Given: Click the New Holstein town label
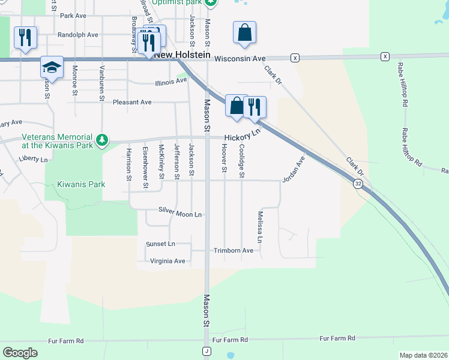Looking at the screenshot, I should click(x=182, y=55).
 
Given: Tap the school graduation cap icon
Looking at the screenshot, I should click(x=52, y=67).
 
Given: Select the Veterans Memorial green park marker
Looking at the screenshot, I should click(x=103, y=140).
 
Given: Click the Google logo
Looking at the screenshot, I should click(x=20, y=353).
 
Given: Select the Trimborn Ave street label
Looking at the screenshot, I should click(x=234, y=250).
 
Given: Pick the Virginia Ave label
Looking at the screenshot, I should click(x=167, y=261).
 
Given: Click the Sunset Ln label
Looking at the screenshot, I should click(x=160, y=244).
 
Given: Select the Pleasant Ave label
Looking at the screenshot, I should click(x=132, y=103).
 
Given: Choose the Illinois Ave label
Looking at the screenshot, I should click(x=170, y=82).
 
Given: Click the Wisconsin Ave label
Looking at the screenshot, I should click(x=240, y=59).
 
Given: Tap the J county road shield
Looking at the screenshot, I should click(x=206, y=350).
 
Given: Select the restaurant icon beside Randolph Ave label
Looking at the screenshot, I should click(x=25, y=38).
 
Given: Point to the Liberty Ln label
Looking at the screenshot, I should click(x=33, y=160).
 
